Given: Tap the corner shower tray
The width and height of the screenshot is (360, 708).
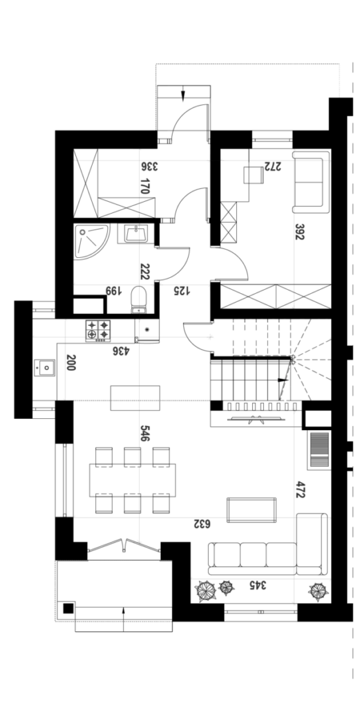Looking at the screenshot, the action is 91,241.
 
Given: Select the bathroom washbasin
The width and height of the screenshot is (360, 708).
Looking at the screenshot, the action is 136,234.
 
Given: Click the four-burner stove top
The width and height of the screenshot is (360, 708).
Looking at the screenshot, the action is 98,330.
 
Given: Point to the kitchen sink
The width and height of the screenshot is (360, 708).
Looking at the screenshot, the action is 44,368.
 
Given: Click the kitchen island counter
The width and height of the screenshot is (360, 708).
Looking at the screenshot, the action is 135,398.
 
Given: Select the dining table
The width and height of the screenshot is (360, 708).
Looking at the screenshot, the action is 133,480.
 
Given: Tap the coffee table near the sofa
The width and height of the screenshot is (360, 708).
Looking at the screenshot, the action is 252,510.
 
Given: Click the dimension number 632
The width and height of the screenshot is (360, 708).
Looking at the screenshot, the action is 202,524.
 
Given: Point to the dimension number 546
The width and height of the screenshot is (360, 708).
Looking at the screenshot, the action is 145,433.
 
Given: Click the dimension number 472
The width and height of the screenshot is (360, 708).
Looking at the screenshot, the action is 298,490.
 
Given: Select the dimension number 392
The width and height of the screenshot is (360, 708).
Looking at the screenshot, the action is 299,232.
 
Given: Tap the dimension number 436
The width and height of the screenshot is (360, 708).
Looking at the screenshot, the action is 121,351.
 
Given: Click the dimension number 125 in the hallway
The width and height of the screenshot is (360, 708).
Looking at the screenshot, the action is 182,291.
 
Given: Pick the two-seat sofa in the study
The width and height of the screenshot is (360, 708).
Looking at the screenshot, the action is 311,182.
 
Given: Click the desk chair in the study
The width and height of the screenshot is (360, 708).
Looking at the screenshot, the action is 254,175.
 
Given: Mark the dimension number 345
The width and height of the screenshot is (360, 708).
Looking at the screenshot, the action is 258,585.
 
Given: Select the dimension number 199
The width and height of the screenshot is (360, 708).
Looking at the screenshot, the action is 113,290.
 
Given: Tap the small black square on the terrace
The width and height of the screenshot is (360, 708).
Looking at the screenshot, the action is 68,608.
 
